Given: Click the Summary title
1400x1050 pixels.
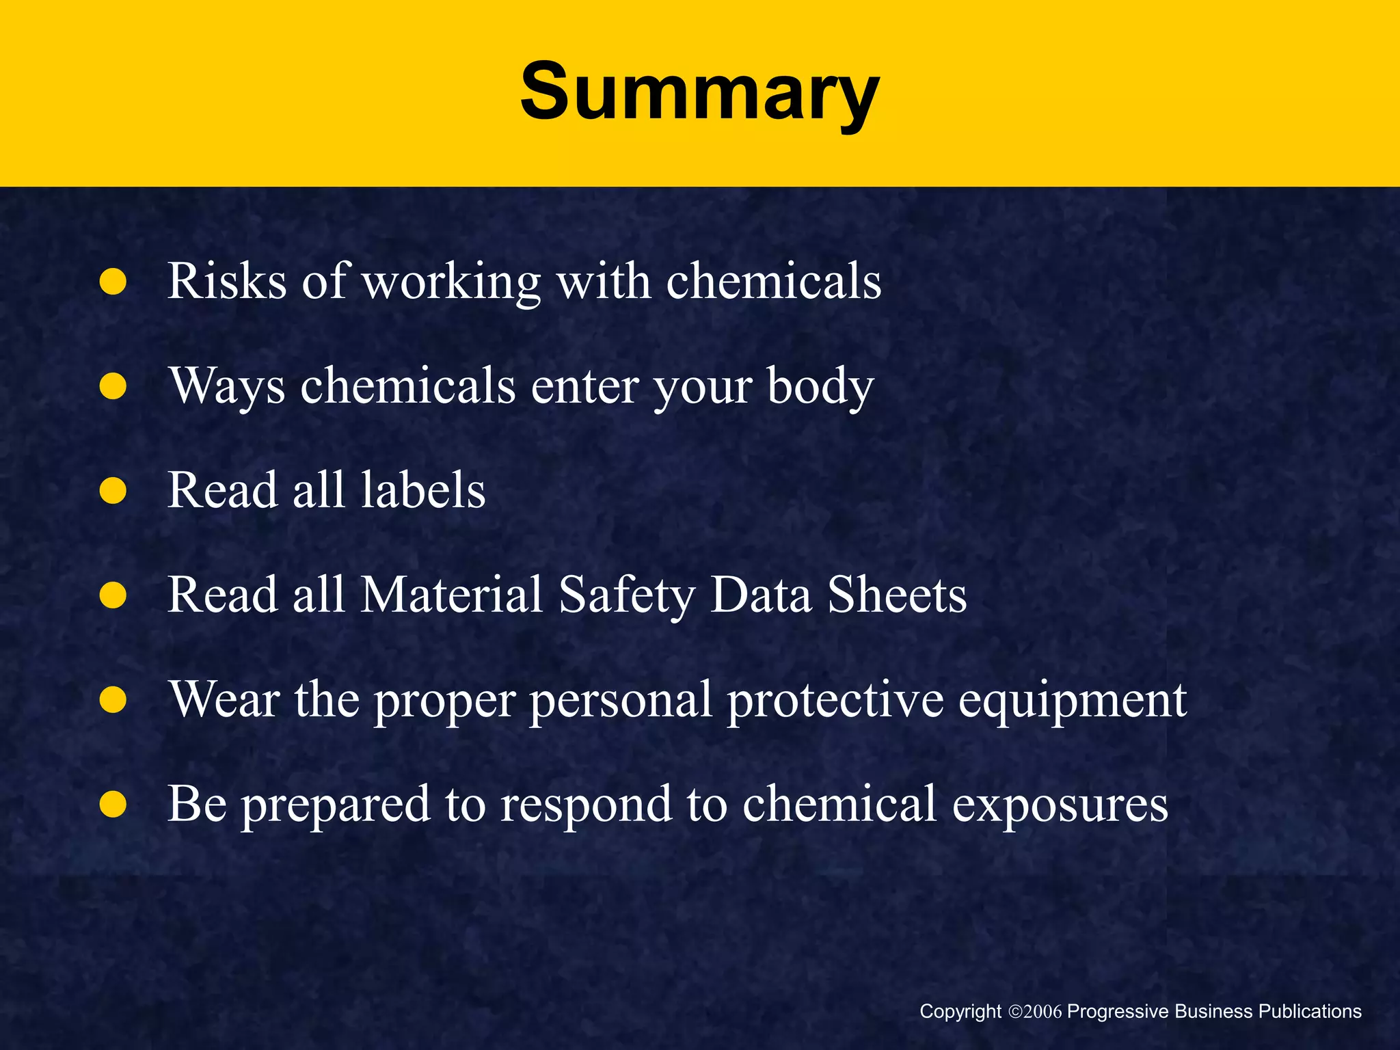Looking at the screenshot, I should click(699, 92).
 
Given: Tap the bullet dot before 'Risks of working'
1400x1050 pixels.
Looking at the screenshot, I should click(113, 282).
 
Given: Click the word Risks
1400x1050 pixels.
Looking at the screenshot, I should click(226, 281).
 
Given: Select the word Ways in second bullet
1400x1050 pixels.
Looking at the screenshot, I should click(227, 387).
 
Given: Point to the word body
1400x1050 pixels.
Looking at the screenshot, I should click(820, 387).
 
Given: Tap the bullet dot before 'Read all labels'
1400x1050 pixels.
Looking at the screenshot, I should click(113, 491).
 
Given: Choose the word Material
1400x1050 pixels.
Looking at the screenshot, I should click(451, 595).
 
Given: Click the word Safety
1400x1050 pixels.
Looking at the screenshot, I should click(626, 595).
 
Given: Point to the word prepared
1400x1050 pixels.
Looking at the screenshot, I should click(336, 805).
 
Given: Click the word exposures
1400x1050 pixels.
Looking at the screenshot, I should click(1060, 805).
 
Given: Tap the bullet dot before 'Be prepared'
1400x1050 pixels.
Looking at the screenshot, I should click(113, 805).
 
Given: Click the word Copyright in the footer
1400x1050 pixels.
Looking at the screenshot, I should click(960, 1012).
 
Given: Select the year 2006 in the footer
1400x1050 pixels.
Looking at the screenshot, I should click(1043, 1012).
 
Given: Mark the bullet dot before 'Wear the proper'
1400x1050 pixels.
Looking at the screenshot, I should click(113, 700).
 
